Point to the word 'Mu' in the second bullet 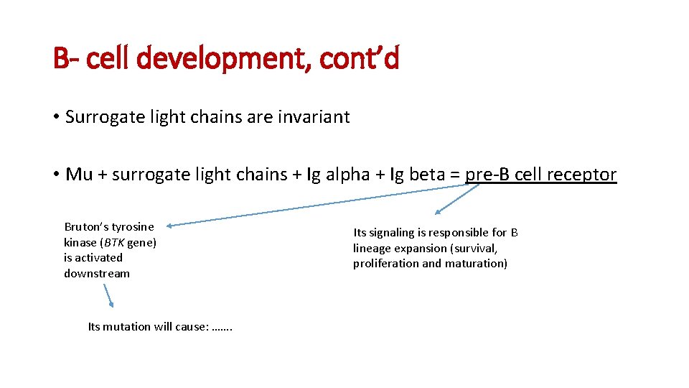[x=79, y=175]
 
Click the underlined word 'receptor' [x=583, y=175]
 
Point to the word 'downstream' [x=97, y=273]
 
